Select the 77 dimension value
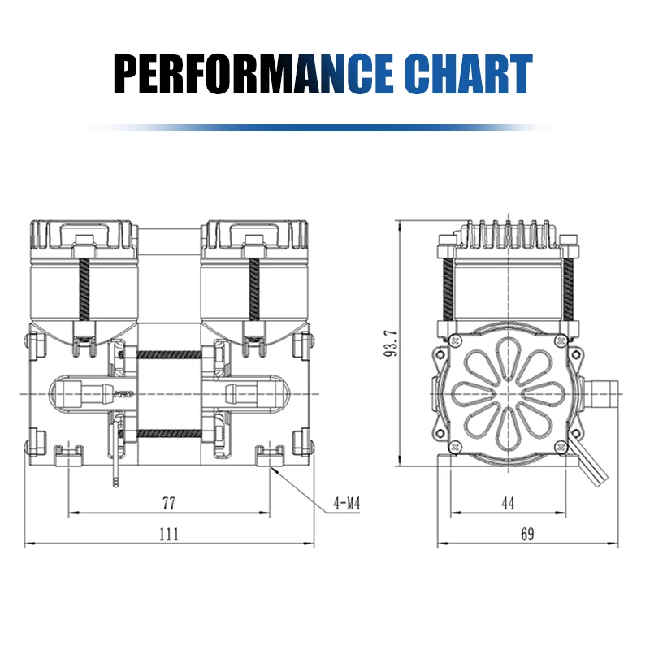coord(168,504)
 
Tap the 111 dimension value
coord(168,534)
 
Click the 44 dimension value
coord(507,504)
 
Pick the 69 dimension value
coord(527,534)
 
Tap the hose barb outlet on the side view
coord(603,392)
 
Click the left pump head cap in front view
coord(83,236)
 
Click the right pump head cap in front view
coord(253,236)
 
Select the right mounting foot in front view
coord(269,457)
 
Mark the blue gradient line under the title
coord(325,128)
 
